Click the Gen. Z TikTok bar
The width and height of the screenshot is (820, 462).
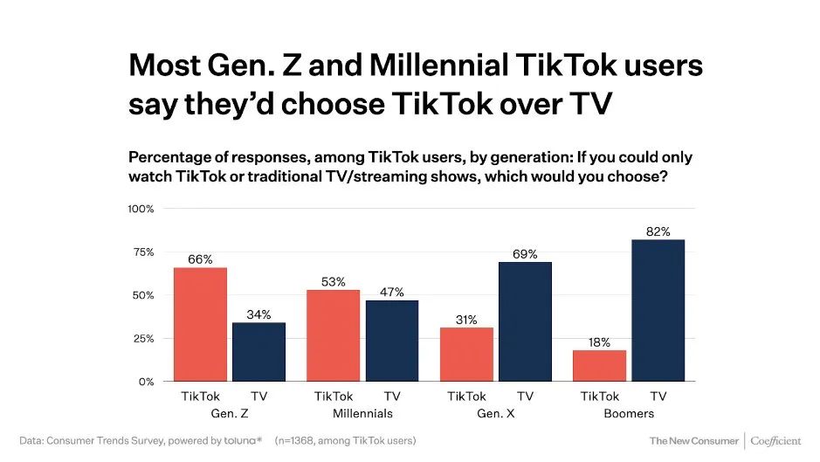click(200, 324)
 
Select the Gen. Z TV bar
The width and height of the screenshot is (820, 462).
click(258, 352)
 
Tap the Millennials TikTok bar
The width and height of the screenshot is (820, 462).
click(333, 335)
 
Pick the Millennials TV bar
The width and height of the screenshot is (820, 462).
click(392, 341)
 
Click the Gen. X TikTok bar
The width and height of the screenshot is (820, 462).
click(466, 354)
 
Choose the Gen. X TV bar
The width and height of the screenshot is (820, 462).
click(525, 321)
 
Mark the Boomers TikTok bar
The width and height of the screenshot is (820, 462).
click(600, 365)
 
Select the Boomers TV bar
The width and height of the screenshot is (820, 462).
click(658, 310)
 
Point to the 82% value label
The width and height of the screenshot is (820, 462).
click(658, 231)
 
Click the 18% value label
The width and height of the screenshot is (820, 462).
click(600, 342)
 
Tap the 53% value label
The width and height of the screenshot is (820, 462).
click(333, 282)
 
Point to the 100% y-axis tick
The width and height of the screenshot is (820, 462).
click(141, 209)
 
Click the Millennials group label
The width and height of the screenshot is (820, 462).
click(362, 413)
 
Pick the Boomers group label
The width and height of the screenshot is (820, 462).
click(629, 413)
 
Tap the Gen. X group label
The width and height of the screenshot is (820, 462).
click(495, 413)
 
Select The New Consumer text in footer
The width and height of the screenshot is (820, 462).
click(693, 441)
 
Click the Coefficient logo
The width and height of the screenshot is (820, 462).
click(775, 441)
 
